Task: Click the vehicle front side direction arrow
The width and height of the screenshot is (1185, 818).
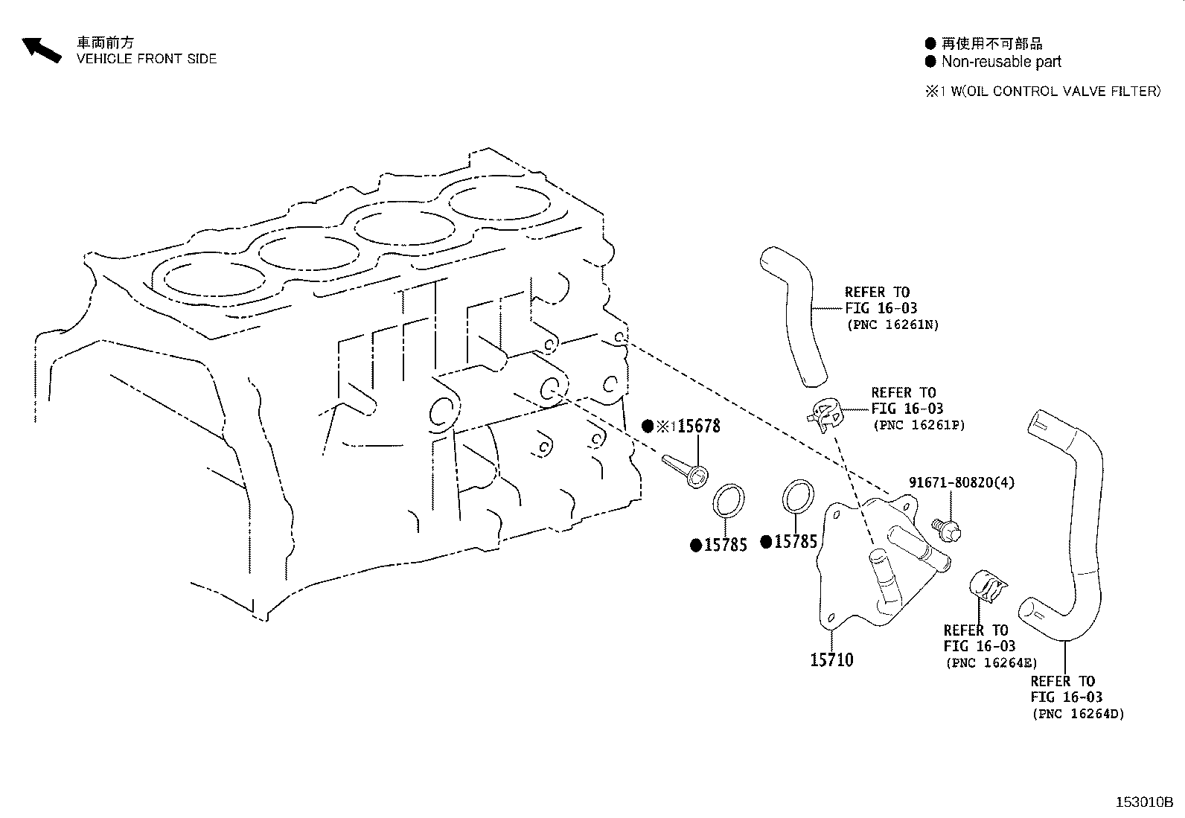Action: coord(41,49)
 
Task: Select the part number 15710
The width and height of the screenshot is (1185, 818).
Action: coord(831,659)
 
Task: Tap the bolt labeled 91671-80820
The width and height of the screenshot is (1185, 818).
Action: coord(948,529)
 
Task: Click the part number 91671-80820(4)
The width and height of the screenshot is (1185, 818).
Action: coord(962,482)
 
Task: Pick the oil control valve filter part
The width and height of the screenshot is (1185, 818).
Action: coord(685,472)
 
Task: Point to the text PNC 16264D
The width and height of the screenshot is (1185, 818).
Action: coord(1078,714)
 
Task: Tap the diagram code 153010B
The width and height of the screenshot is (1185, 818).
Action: coord(1143,802)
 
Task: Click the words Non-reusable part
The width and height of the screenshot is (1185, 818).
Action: coord(1001,62)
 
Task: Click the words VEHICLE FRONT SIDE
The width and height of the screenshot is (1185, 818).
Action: coord(147,59)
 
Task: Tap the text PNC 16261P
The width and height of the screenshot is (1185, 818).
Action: coord(919,425)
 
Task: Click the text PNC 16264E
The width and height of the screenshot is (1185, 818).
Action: coord(991,662)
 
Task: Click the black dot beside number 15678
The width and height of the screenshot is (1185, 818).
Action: coord(648,426)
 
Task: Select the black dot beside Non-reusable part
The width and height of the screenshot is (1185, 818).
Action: coord(930,62)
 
